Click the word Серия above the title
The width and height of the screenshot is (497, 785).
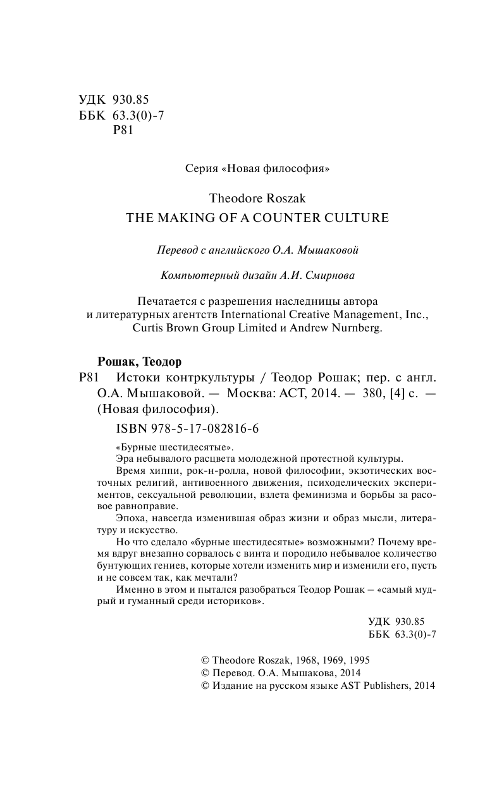(x=199, y=169)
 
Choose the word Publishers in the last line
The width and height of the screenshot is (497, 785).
(x=384, y=685)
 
